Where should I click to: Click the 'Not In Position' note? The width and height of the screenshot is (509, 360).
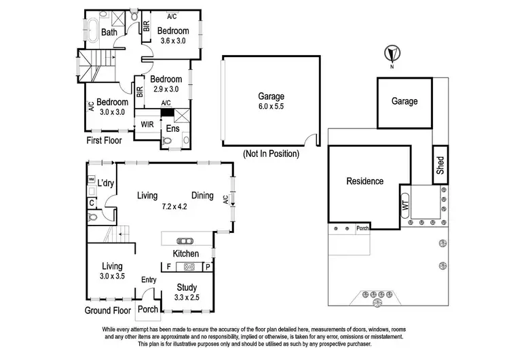pos(271,154)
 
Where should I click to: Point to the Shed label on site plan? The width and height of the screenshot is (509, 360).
pos(440,165)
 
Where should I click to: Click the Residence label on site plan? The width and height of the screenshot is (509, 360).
pos(364,181)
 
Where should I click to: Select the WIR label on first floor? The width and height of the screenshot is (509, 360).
pos(147,125)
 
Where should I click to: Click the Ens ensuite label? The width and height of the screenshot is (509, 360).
pos(172,128)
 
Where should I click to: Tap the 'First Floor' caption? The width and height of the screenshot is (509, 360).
pos(105,141)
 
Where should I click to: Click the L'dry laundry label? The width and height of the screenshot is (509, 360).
pos(105,183)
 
